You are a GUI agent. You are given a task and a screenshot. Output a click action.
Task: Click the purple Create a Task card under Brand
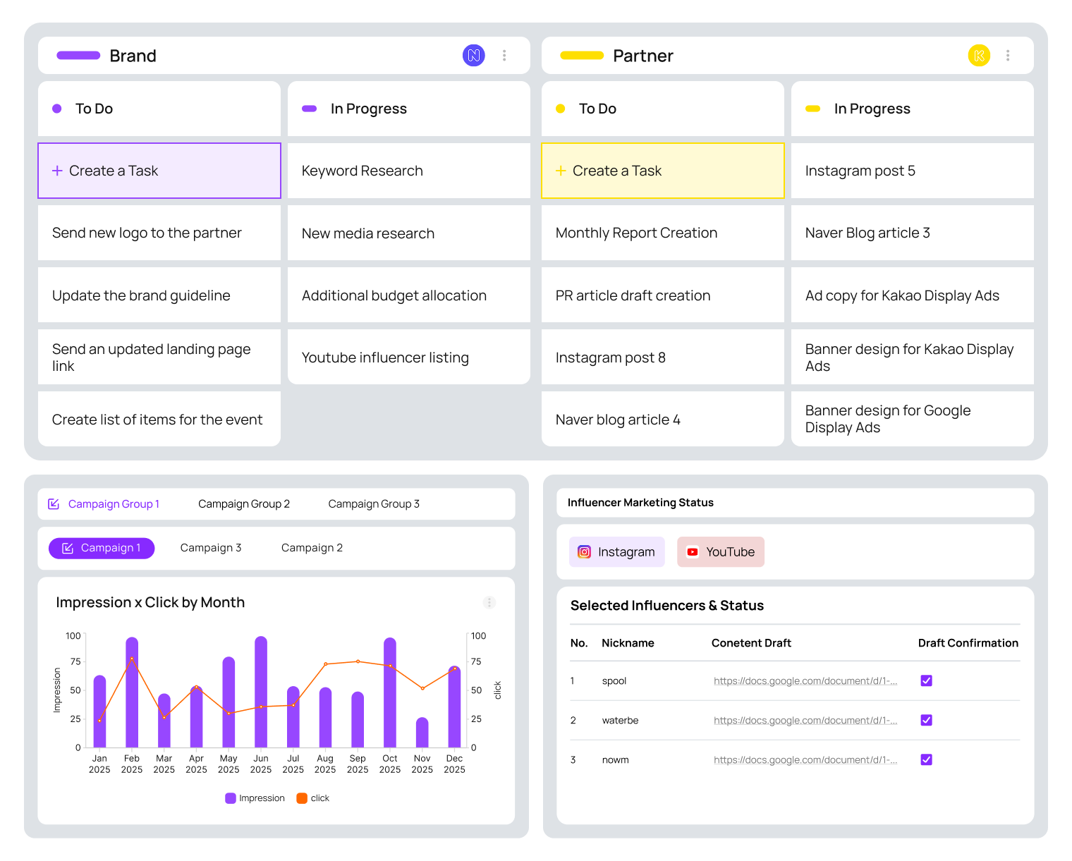159,171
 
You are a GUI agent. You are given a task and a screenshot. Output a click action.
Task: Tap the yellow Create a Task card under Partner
662,171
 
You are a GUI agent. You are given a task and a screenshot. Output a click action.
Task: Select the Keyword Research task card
408,171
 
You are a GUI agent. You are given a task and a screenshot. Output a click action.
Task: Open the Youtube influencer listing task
408,357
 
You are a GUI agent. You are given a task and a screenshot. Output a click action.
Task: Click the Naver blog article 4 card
662,419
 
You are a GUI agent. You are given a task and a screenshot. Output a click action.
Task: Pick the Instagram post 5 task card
912,171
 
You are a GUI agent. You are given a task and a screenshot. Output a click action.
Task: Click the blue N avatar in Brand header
473,55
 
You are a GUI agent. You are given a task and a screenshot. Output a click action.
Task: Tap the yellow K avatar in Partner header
978,55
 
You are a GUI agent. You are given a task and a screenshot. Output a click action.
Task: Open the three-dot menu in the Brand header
504,55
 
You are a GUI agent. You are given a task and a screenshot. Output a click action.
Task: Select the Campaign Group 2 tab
243,503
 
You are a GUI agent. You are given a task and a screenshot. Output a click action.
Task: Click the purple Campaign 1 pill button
101,548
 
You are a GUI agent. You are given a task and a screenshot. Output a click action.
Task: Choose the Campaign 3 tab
211,548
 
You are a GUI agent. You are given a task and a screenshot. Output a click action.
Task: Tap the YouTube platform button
720,551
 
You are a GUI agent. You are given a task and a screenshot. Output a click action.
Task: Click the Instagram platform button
616,551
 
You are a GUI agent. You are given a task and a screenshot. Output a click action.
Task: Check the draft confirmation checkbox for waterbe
926,719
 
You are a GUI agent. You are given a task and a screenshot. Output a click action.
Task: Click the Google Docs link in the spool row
805,680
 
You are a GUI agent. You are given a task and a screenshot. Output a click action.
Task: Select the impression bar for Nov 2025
422,732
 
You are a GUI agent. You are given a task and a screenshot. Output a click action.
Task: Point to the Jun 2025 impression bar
260,692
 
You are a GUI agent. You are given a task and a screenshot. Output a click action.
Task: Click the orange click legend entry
313,798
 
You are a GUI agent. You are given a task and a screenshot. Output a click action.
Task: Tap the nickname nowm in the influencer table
615,759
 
